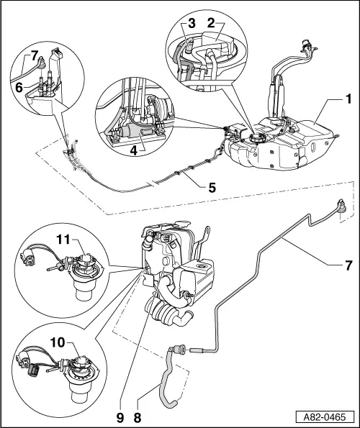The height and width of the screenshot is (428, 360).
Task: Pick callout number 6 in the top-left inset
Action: [17, 84]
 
